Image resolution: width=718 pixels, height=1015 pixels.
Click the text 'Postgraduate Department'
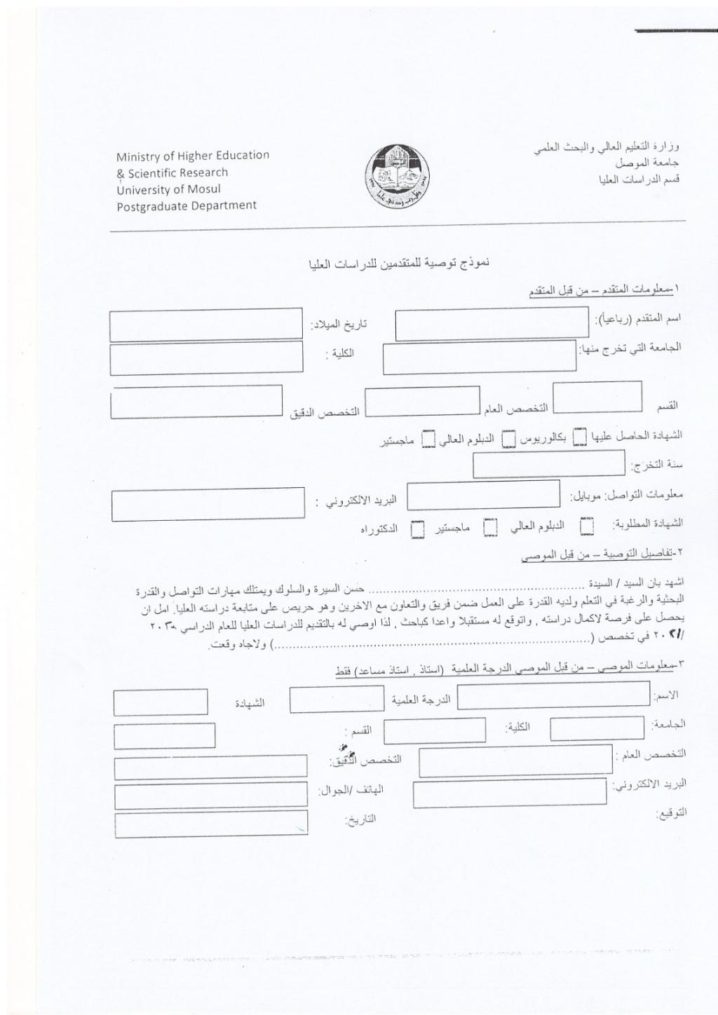pos(187,206)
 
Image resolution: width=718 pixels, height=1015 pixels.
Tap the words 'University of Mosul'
pos(169,189)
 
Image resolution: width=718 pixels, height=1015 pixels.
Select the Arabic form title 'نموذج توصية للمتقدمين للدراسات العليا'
pos(398,264)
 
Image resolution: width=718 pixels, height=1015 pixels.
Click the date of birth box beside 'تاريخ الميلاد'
pos(205,324)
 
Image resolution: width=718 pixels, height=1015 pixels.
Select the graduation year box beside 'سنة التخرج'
pos(548,463)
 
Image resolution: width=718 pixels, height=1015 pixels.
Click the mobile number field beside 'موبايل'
pos(483,495)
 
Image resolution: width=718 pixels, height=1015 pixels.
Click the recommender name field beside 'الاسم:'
pos(553,694)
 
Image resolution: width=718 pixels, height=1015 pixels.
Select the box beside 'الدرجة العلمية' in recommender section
pos(337,699)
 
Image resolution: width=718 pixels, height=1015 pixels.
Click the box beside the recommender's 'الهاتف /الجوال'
pos(210,797)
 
